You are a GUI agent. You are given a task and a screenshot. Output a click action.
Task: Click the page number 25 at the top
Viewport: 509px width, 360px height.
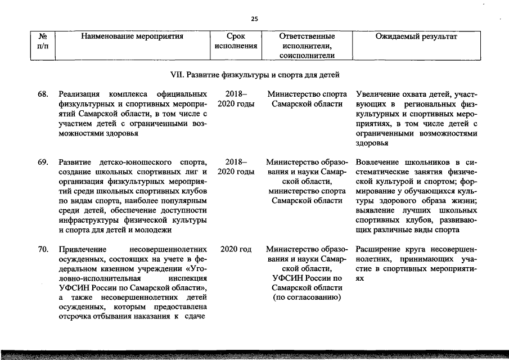[254, 19]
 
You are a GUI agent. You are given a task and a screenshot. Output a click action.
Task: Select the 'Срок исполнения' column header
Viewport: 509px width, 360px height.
[236, 41]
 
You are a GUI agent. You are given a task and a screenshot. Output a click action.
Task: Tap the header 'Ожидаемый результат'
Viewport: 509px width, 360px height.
[416, 37]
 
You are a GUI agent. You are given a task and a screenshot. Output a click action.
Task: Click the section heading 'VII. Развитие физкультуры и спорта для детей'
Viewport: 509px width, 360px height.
[255, 74]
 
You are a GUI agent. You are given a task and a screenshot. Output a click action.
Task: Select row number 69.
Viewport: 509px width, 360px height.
[43, 163]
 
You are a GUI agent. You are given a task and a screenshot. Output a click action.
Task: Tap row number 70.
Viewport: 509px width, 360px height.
[43, 249]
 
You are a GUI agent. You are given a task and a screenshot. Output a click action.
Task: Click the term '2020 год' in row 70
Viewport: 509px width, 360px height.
[236, 249]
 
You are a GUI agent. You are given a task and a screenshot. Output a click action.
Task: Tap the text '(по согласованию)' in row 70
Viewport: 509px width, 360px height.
[307, 297]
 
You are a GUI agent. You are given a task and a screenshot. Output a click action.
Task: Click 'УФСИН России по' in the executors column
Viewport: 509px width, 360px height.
[307, 278]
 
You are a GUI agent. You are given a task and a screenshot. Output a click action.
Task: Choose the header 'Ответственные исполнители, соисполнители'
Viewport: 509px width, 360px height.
[307, 46]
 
